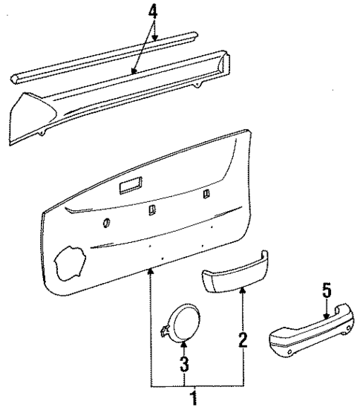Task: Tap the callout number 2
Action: pos(242,341)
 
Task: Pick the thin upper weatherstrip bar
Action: pos(104,56)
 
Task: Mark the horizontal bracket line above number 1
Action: pos(197,386)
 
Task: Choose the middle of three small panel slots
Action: pos(151,210)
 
